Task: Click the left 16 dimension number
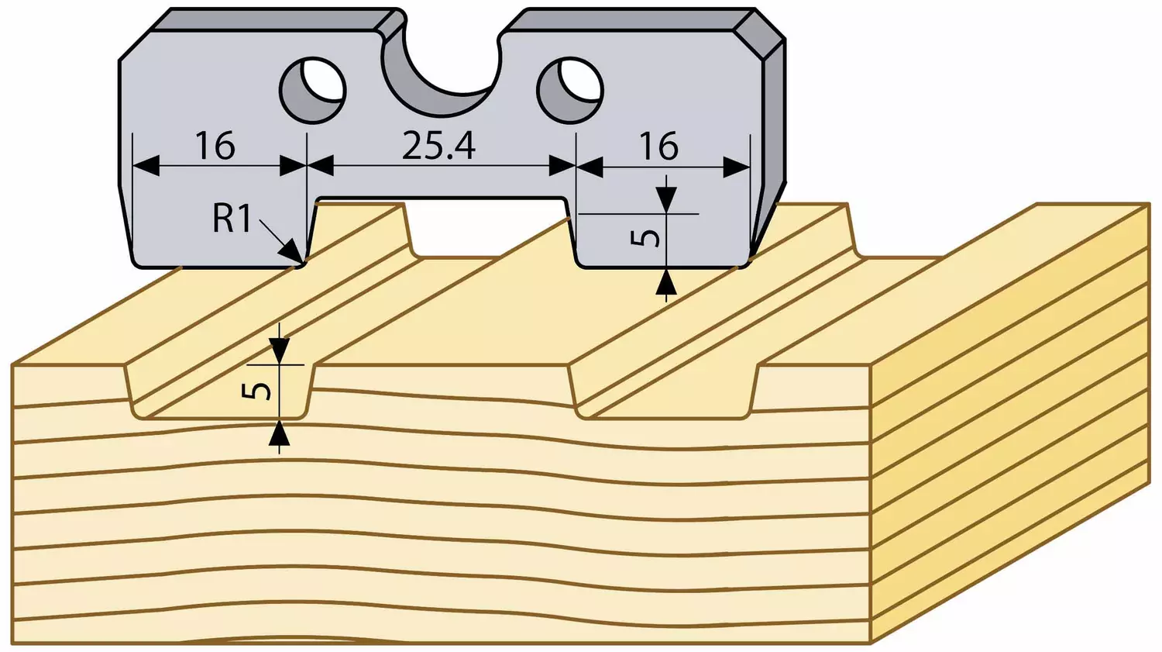[215, 146]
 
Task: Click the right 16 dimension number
[658, 146]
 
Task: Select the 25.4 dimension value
[439, 146]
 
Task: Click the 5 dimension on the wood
[256, 391]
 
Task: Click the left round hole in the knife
[313, 90]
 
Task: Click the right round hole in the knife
[569, 90]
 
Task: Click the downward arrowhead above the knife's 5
[666, 200]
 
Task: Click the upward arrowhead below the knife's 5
[666, 282]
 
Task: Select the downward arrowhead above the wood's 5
[279, 351]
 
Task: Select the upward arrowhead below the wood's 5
[279, 433]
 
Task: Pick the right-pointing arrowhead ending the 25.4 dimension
[562, 167]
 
